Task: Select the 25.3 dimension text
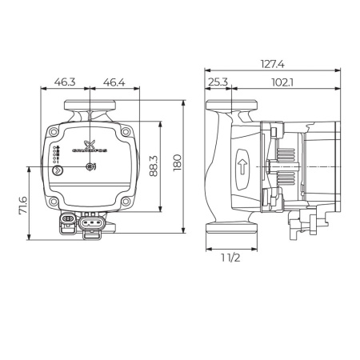click(218, 82)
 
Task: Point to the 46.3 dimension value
click(65, 82)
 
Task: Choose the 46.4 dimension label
click(114, 82)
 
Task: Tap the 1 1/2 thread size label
click(231, 257)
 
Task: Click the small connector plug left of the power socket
click(68, 220)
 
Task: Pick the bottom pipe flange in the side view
click(231, 227)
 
